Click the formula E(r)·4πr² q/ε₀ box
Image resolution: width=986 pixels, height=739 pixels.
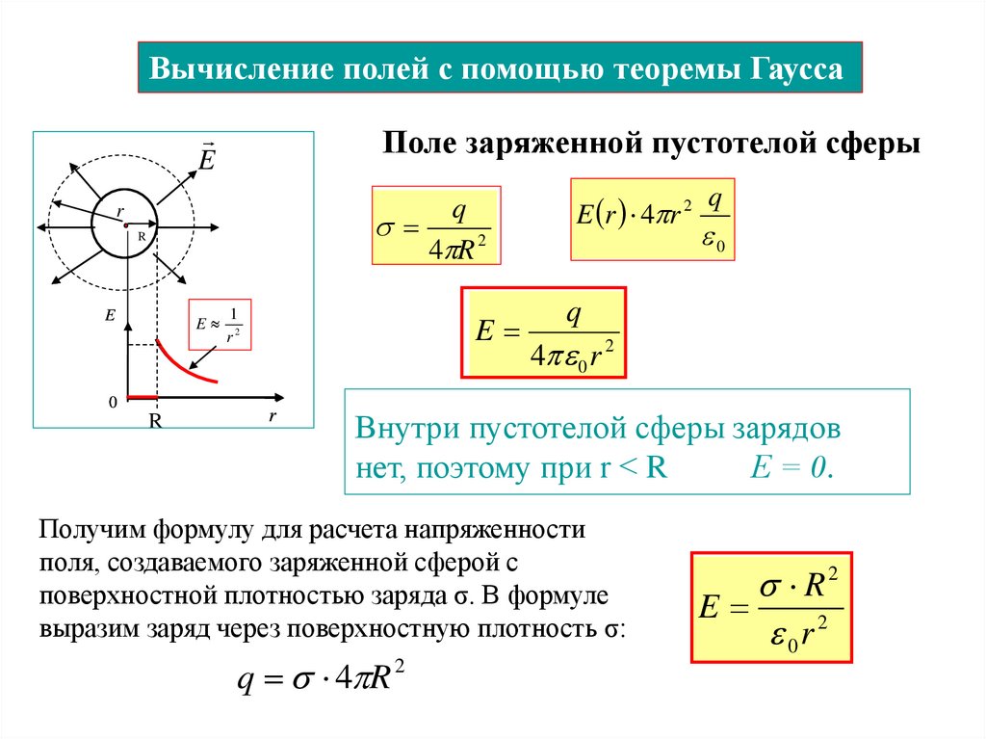pos(652,219)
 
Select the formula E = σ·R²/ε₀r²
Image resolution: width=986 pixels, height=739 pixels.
pos(771,606)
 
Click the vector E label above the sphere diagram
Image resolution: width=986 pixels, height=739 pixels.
pos(206,156)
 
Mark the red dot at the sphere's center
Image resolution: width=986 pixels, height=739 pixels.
pos(125,224)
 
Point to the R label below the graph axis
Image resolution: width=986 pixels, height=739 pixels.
pos(154,421)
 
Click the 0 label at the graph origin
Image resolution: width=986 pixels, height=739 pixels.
pos(113,402)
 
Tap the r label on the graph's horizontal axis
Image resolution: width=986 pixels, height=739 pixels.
pos(272,416)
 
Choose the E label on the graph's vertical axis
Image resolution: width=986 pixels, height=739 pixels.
pos(111,314)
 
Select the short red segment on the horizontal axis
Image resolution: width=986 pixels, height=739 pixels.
pos(142,397)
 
